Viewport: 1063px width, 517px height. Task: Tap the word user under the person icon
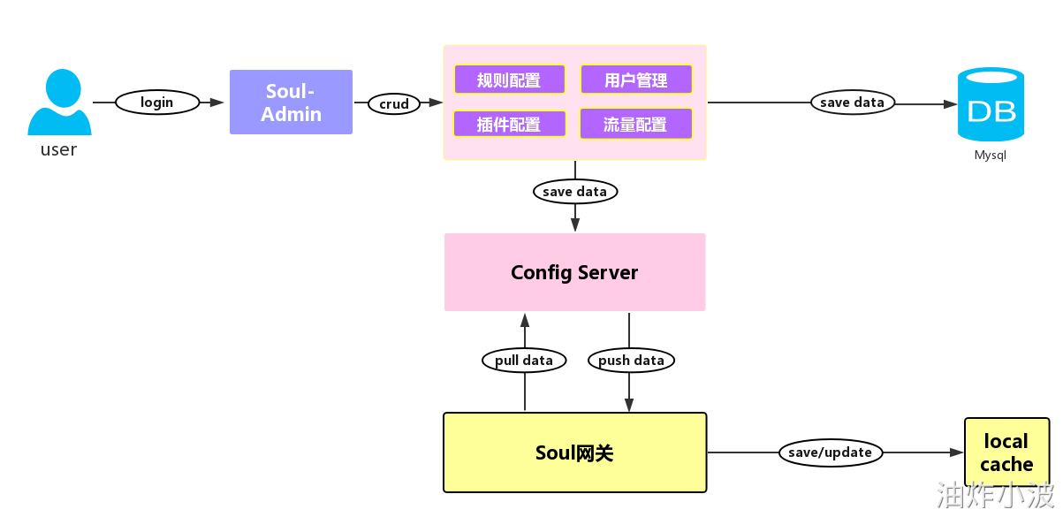pos(58,149)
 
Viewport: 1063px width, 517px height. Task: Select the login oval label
pos(157,103)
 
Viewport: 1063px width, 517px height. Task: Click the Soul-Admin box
pos(291,103)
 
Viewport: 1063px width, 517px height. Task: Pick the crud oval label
pos(394,103)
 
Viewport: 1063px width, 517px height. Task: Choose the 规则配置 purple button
pos(509,80)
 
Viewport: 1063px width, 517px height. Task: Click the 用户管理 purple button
pos(636,80)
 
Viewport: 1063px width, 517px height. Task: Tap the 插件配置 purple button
pos(509,124)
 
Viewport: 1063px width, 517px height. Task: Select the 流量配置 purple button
pos(635,124)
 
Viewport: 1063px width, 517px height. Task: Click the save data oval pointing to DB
pos(852,103)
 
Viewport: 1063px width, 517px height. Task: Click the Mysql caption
pos(991,156)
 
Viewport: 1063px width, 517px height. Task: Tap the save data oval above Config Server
pos(575,191)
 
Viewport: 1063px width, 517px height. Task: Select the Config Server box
pos(574,272)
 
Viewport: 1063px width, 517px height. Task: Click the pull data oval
pos(524,360)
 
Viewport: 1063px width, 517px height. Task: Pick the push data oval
pos(631,360)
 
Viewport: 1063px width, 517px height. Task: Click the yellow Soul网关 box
pos(574,452)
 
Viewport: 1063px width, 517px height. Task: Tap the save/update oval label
pos(830,452)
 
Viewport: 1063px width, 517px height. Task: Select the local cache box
pos(1006,452)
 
